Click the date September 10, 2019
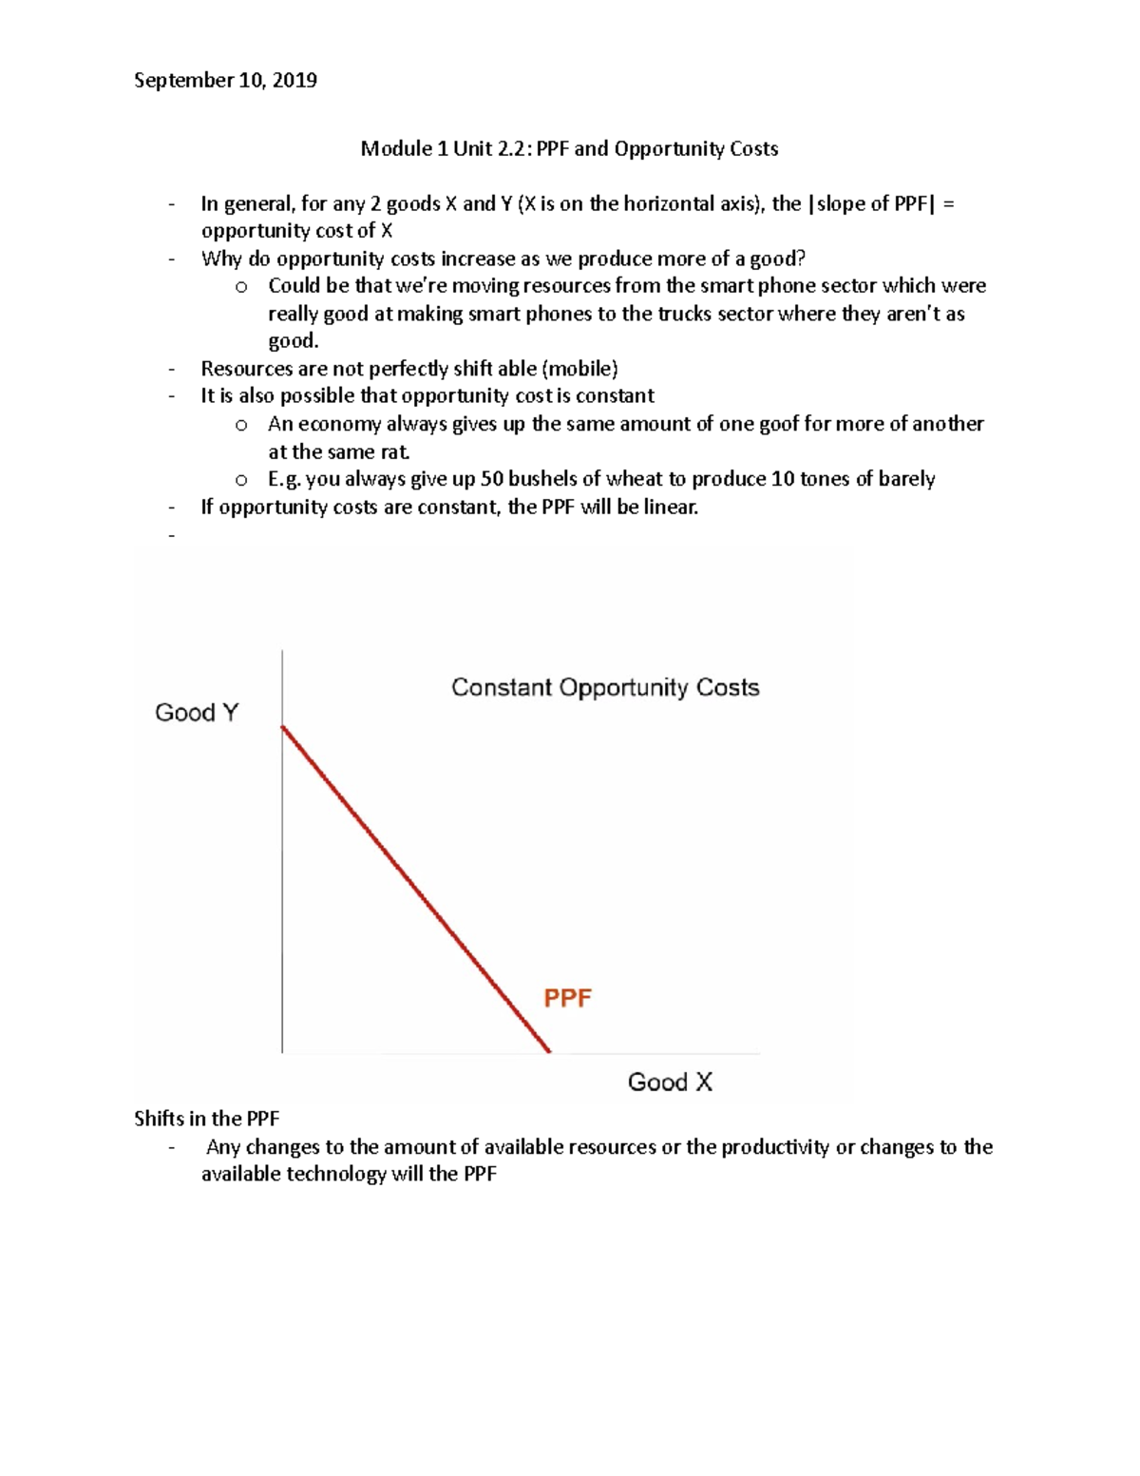(225, 81)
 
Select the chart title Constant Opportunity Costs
(605, 687)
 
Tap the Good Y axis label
(197, 713)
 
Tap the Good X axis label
(670, 1082)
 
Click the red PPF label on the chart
(567, 998)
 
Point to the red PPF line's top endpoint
(283, 727)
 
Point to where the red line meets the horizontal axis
(549, 1051)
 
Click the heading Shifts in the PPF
(206, 1119)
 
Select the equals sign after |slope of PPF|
(948, 203)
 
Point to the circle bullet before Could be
(241, 287)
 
